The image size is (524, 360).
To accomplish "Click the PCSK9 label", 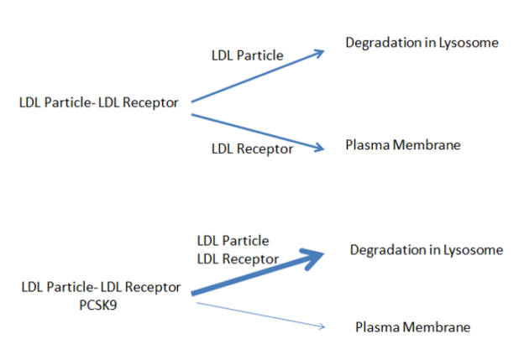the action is (x=98, y=305).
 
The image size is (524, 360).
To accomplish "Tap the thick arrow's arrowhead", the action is (x=312, y=258).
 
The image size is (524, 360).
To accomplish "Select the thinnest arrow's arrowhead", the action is (x=322, y=326).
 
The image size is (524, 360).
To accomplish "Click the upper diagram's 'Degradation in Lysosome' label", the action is (x=422, y=43).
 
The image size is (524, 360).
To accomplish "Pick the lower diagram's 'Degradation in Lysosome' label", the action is (x=427, y=250).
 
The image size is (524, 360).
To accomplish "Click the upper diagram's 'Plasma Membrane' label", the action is (x=403, y=145).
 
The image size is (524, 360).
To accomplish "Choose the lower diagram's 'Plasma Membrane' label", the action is (x=412, y=327).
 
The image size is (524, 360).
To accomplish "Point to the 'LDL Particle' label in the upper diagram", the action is (x=247, y=55).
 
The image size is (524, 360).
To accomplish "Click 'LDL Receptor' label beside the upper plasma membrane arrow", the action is (x=252, y=149).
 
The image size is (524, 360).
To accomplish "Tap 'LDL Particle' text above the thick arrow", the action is (x=233, y=241).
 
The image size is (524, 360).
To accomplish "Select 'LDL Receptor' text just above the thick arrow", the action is (x=238, y=259).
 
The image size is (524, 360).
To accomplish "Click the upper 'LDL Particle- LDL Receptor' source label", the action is (x=98, y=102).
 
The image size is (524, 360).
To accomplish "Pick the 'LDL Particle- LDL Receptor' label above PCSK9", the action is (x=101, y=287).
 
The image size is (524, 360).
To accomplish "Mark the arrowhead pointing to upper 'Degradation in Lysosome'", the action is (x=318, y=54).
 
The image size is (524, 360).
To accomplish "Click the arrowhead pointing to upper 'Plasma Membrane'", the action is (x=319, y=148).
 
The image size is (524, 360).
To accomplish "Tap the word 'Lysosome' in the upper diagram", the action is (x=469, y=43).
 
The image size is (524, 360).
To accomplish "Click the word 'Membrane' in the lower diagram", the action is (x=437, y=327).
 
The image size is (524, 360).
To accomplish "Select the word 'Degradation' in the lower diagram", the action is (x=387, y=250).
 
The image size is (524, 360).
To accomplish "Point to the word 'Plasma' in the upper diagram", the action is (x=368, y=145).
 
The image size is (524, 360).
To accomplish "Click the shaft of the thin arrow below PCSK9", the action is (x=260, y=315).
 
